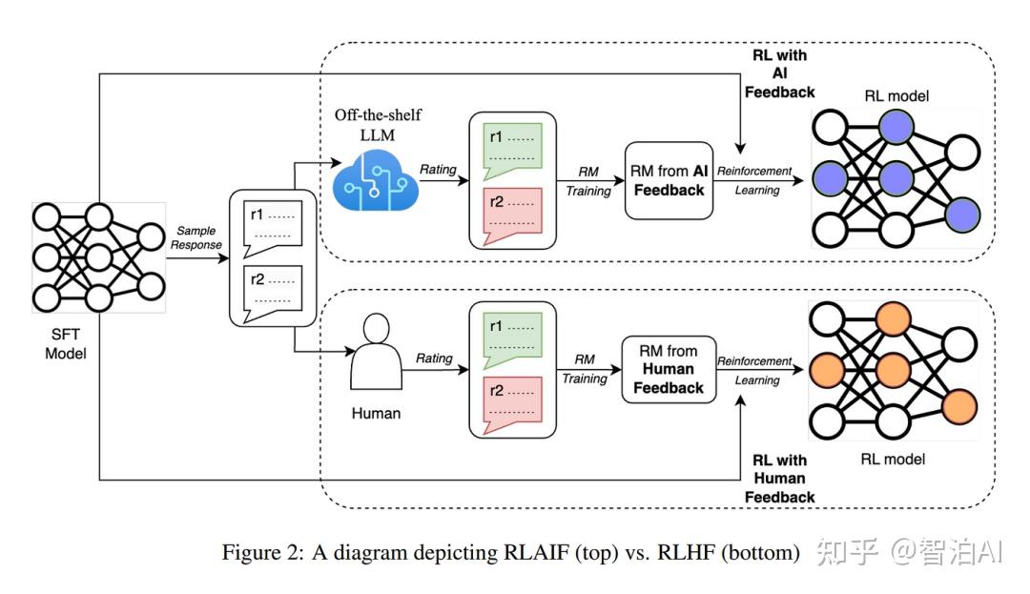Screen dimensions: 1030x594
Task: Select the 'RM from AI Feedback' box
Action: point(669,180)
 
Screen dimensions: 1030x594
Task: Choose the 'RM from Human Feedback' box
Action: point(669,370)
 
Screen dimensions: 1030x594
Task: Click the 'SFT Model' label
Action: point(66,344)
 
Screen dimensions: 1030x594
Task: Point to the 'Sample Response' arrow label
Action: point(196,237)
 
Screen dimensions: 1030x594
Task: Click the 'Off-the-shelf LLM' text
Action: point(378,125)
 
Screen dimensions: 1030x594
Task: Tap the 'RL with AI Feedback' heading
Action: point(780,73)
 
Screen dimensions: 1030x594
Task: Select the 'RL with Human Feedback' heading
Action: point(780,479)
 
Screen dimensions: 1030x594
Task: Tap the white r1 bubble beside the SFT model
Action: point(273,229)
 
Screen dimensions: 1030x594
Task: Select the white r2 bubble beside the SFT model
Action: point(273,294)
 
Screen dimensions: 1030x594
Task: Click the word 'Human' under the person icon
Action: point(376,413)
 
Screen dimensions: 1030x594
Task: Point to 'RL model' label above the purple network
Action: point(896,96)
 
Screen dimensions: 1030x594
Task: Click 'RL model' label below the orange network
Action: point(893,459)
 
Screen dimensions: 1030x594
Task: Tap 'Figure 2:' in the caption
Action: point(263,552)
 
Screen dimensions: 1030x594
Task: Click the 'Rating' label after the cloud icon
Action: point(438,169)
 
